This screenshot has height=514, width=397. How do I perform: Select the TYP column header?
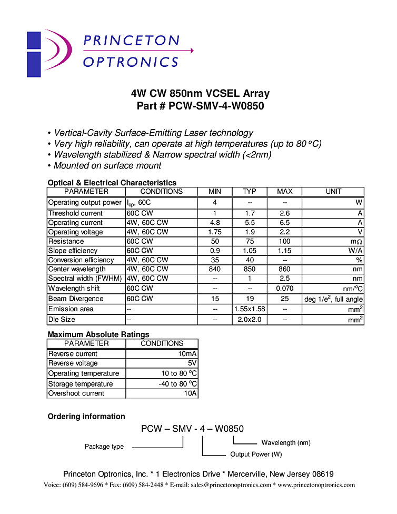pos(250,192)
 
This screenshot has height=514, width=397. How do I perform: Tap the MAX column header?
pos(284,192)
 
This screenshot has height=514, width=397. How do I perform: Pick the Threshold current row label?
pos(75,213)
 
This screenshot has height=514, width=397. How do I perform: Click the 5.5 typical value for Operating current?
pos(250,223)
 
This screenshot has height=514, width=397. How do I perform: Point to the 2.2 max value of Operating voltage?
pos(284,232)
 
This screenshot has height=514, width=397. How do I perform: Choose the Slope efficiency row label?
pos(73,251)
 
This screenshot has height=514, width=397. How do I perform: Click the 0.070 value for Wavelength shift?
pos(284,289)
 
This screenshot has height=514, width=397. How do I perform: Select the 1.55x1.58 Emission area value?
pos(250,309)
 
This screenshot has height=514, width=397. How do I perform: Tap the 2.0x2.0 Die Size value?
pos(250,320)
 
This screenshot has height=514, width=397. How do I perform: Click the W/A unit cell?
pos(355,251)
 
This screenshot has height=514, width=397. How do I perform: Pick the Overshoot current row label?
pos(76,393)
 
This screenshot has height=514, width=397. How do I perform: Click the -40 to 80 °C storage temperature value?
pos(178,384)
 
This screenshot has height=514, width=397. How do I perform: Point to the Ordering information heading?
pos(86,417)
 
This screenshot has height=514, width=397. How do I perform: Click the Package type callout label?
pos(104,447)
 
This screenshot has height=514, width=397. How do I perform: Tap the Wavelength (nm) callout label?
pos(286,443)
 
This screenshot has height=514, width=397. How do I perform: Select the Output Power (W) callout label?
pos(256,454)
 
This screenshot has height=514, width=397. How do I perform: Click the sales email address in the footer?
pos(231,485)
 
